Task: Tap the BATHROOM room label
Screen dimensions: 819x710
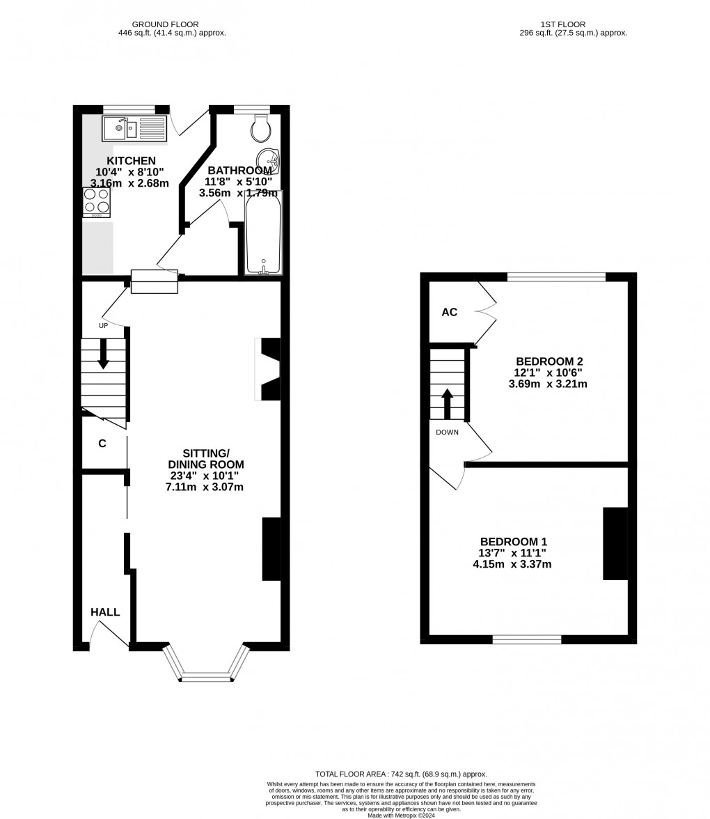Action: coord(239,171)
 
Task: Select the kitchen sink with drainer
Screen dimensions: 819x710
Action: coord(134,128)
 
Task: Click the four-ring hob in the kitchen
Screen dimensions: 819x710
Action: coord(96,201)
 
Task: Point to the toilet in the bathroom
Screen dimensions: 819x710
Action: coord(261,127)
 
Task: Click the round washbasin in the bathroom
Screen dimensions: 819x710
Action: coord(267,161)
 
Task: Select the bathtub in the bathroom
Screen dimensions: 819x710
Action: coord(263,233)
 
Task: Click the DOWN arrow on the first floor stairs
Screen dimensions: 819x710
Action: coord(447,403)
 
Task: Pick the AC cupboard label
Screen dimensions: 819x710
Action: coord(450,312)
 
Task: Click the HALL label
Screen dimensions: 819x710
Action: coord(105,612)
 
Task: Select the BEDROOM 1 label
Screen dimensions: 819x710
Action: coord(514,542)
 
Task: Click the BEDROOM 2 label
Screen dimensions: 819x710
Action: coord(549,361)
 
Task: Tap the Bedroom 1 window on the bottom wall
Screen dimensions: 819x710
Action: coord(527,639)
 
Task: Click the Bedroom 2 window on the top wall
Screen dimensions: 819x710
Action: coord(556,277)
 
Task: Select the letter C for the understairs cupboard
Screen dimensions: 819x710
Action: coord(102,444)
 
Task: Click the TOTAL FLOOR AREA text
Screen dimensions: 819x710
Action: coord(401,774)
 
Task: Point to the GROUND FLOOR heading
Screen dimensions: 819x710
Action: coord(159,24)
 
